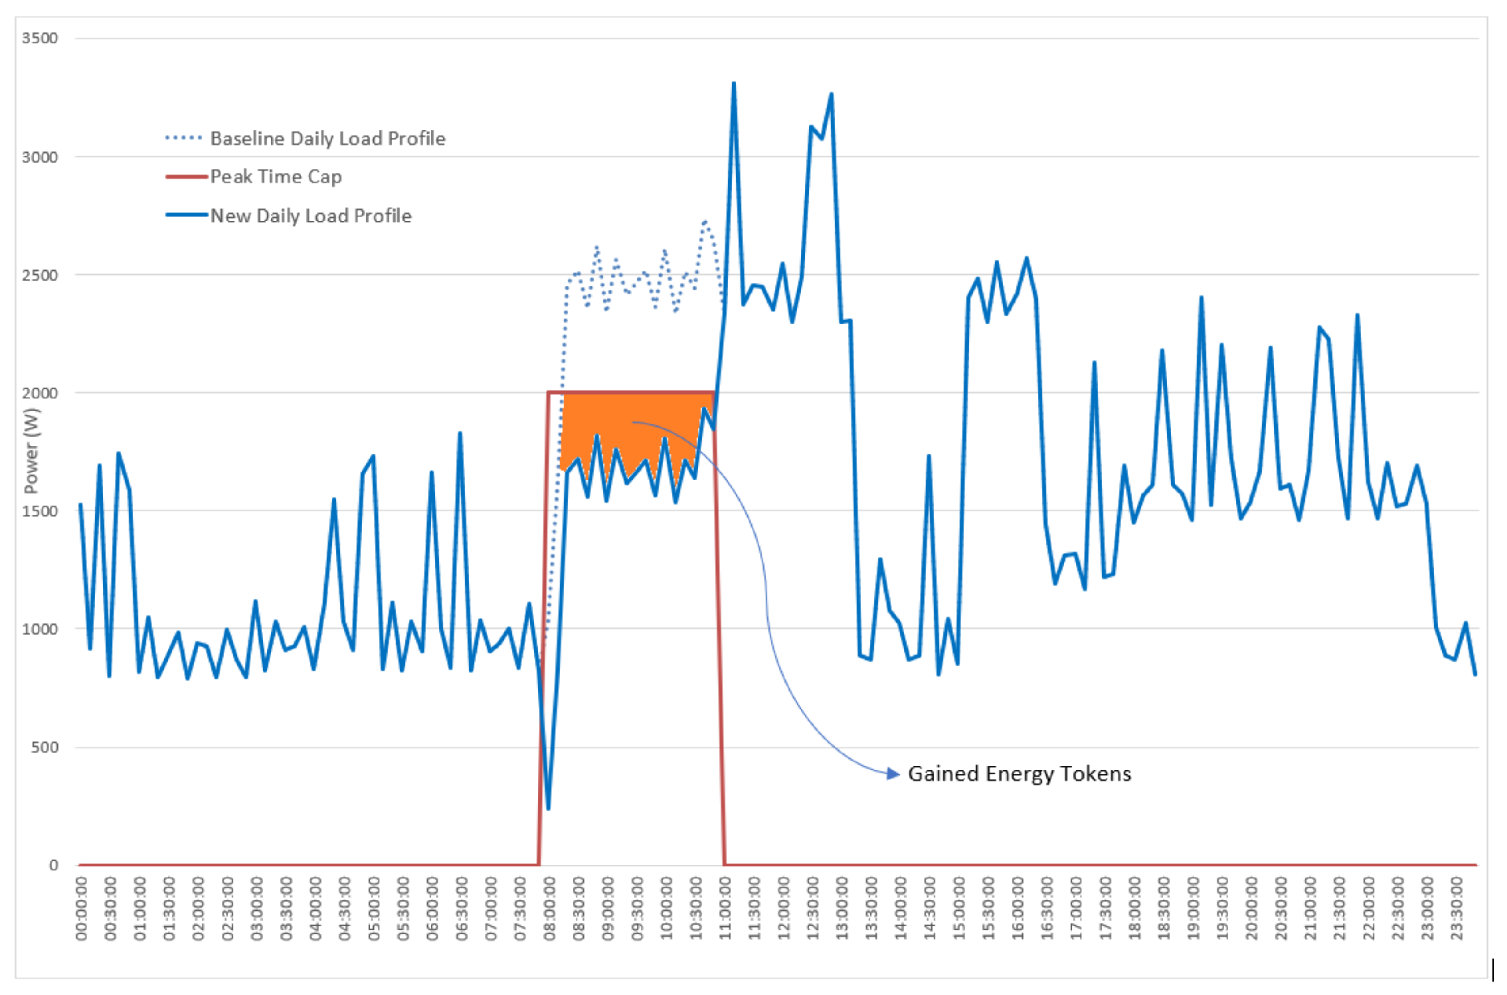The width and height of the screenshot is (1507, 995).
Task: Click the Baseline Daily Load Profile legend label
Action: tap(327, 138)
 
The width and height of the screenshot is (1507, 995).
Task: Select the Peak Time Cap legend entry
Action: tap(276, 177)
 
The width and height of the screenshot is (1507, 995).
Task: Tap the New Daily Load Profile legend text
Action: tap(311, 216)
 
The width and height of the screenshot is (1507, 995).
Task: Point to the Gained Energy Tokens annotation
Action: tap(1019, 774)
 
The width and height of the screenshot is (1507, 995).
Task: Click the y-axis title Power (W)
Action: tap(30, 450)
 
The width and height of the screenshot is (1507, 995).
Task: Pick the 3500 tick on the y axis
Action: tap(39, 38)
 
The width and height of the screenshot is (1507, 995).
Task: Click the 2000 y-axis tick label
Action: tap(39, 393)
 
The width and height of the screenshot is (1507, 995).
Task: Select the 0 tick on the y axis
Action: tap(53, 865)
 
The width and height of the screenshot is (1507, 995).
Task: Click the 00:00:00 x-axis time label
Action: tap(82, 908)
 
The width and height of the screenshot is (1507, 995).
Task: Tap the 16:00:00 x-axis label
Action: tap(1018, 908)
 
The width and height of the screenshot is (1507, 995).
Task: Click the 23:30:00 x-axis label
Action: tap(1457, 908)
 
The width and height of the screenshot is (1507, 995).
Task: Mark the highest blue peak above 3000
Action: tap(733, 83)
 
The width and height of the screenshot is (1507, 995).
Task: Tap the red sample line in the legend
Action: tap(186, 177)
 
